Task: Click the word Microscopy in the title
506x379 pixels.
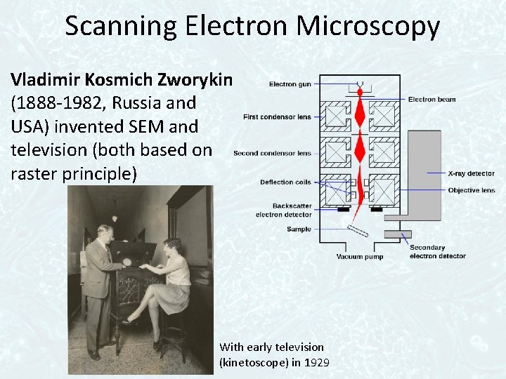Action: pos(368,27)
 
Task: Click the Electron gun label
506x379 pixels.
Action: pos(290,84)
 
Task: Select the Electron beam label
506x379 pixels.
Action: pos(432,100)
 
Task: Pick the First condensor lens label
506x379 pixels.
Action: pos(277,117)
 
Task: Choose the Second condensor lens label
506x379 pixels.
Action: pos(272,153)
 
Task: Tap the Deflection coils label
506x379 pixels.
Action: pos(285,182)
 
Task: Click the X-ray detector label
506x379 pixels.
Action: pos(471,173)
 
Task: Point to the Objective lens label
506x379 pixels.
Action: pos(471,190)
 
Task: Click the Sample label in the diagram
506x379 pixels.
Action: pos(299,230)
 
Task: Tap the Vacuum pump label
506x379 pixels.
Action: pos(360,257)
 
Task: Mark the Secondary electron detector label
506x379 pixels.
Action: pos(437,251)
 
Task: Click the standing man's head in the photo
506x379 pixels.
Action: pos(105,232)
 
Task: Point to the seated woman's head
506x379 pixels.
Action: pos(171,246)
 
